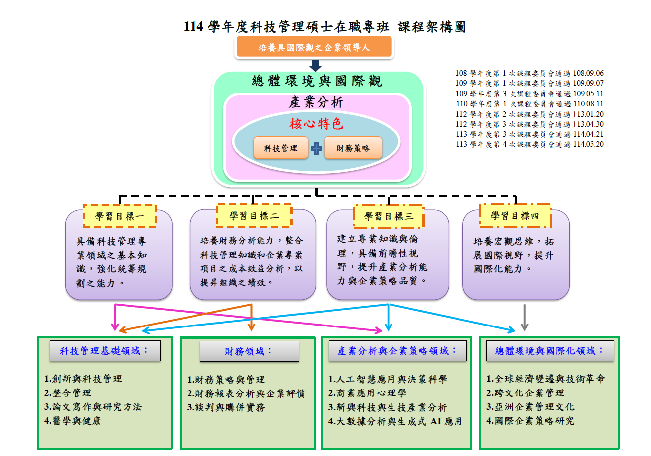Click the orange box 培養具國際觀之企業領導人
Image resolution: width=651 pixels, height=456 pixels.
tap(315, 48)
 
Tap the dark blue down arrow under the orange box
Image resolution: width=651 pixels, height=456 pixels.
tap(315, 65)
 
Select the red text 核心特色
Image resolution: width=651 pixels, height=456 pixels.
tap(317, 124)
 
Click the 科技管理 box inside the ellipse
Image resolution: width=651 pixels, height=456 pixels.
tap(281, 148)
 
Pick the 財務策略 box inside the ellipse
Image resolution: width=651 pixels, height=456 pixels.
tap(353, 148)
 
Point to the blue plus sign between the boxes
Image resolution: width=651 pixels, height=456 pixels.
tap(317, 148)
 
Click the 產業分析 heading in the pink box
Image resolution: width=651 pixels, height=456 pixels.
tap(316, 103)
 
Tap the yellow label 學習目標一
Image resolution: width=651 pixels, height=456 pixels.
tap(119, 216)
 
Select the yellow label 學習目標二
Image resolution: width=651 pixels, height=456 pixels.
tap(254, 216)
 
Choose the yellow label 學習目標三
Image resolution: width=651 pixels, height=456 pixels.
tap(389, 216)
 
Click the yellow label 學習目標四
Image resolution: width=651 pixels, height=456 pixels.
tap(515, 216)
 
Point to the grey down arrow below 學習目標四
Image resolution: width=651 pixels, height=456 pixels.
tap(525, 318)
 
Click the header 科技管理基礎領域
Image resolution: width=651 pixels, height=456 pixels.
tap(104, 351)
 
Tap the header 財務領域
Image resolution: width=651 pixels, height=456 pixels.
tap(249, 351)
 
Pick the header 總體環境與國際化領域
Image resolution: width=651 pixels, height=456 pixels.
tap(550, 351)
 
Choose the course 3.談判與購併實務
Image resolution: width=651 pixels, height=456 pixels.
tap(226, 407)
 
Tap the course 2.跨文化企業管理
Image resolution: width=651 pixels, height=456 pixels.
tap(525, 392)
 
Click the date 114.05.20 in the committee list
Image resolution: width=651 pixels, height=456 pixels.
tap(588, 144)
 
